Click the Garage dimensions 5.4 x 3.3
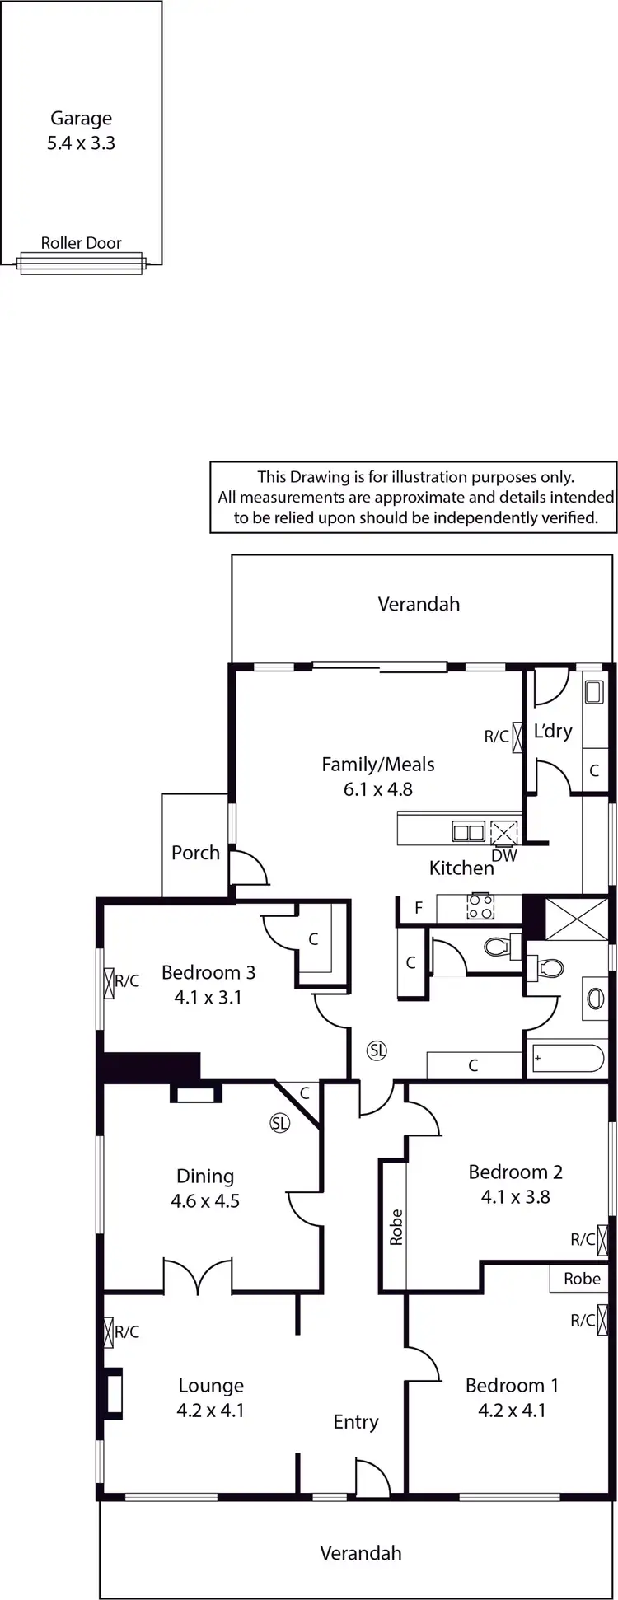pos(81,143)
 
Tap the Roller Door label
pos(81,243)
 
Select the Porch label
pos(195,853)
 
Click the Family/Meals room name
pos(377,765)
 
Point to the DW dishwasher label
pos(503,855)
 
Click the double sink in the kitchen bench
pos(468,832)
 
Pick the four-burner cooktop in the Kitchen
pos(480,907)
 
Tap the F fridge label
pos(419,909)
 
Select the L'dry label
pos(553,731)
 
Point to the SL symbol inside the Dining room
pos(280,1122)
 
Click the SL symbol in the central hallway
pos(377,1050)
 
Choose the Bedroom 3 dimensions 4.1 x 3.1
pos(208,997)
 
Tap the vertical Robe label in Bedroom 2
pos(396,1227)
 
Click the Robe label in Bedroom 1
pos(582,1279)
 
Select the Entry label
pos(356,1421)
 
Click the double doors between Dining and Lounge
pos(198,1275)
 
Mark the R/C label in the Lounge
pos(127,1331)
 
